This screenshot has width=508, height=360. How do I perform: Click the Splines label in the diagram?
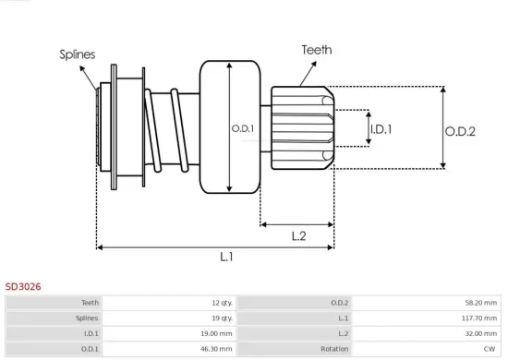78,54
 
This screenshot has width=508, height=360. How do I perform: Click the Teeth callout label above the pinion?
317,50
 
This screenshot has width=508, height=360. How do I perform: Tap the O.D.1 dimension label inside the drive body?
243,128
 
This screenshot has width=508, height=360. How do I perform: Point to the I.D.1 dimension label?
381,129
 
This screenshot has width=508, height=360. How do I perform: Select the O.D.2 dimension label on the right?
460,131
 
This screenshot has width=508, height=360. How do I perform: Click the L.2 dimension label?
298,236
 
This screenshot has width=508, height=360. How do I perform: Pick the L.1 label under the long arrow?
226,257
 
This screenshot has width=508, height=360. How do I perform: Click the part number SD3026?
23,286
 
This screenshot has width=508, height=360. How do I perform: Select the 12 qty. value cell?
223,303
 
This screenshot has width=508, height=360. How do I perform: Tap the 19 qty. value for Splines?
223,318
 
